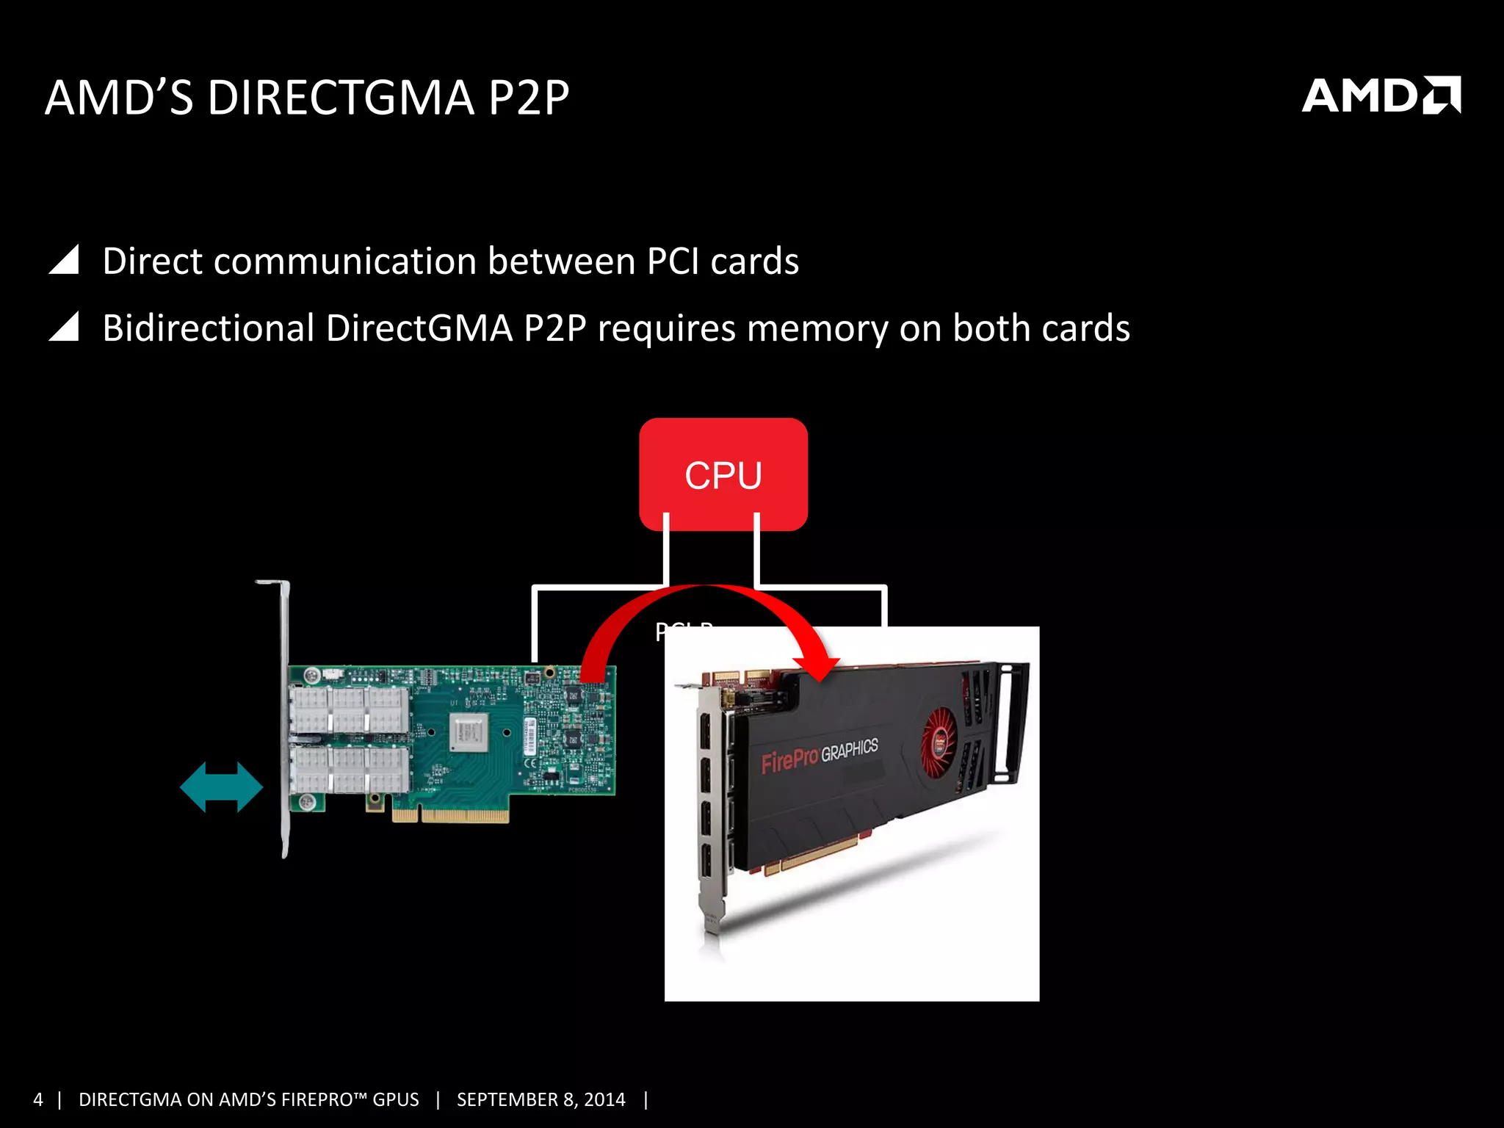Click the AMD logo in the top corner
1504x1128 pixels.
click(x=1381, y=95)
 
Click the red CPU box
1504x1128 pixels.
click(x=723, y=474)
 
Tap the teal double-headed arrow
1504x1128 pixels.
click(x=221, y=787)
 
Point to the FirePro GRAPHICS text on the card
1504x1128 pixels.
click(x=819, y=755)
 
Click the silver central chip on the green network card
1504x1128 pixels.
click(x=469, y=732)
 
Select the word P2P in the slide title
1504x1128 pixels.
click(x=529, y=98)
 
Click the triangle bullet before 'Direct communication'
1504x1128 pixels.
click(x=64, y=260)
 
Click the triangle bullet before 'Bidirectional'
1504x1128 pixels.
click(x=64, y=327)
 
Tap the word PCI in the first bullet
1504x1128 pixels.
click(x=673, y=261)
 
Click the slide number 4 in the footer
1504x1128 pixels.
click(x=38, y=1099)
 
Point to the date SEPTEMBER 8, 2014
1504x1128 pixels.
click(x=540, y=1099)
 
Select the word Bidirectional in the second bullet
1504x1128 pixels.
click(x=209, y=328)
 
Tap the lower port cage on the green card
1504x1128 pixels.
click(x=350, y=769)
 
